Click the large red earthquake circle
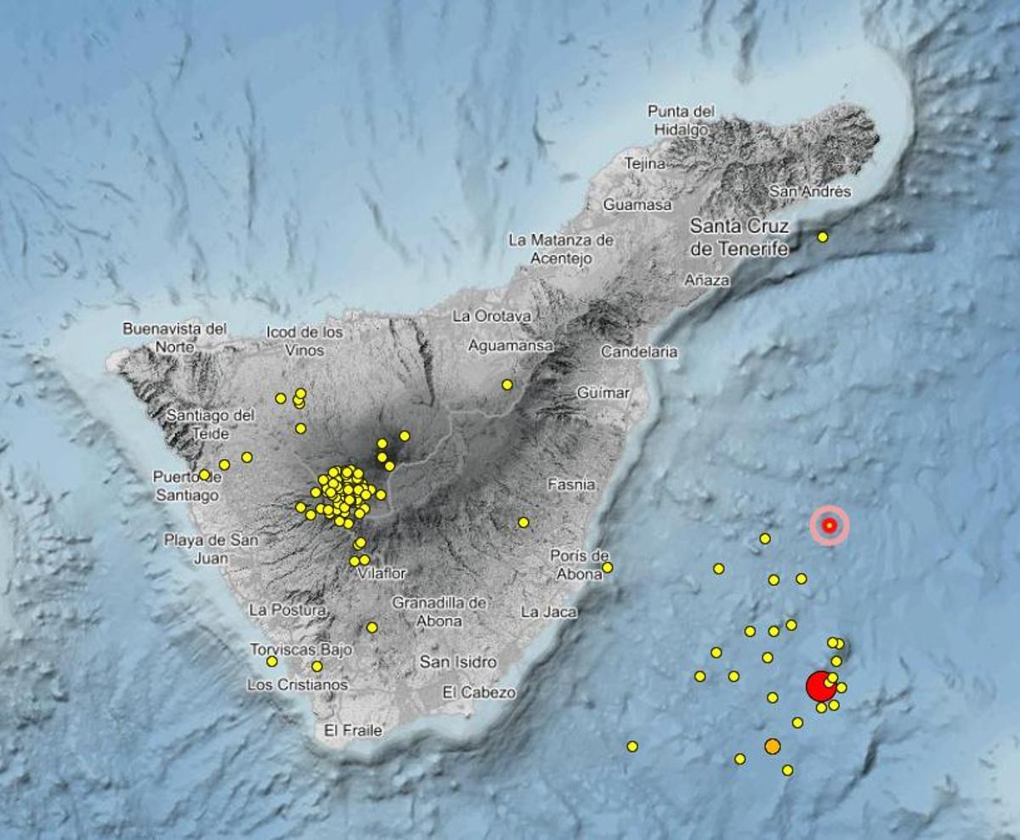click(819, 685)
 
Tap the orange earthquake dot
click(772, 746)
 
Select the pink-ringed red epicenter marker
click(830, 525)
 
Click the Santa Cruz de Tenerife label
click(739, 237)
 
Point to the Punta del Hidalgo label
click(681, 120)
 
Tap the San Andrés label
click(809, 191)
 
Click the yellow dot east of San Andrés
click(823, 237)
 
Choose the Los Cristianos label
click(297, 684)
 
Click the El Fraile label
click(354, 729)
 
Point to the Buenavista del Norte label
click(175, 338)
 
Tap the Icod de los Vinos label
click(304, 340)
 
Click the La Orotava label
click(492, 316)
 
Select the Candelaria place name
click(639, 351)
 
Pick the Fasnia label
click(571, 485)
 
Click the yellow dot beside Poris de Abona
click(607, 567)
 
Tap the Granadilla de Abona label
click(439, 611)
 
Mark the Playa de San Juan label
click(212, 549)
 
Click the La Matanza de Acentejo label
click(561, 249)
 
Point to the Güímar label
click(603, 393)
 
